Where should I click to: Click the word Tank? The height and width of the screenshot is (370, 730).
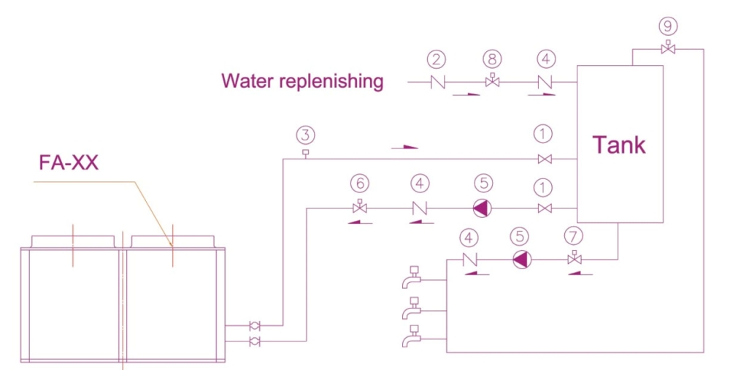pyautogui.click(x=618, y=145)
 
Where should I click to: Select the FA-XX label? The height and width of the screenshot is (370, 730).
pyautogui.click(x=69, y=162)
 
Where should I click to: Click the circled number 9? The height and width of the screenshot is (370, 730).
pyautogui.click(x=667, y=26)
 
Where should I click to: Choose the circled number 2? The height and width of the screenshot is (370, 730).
pyautogui.click(x=437, y=58)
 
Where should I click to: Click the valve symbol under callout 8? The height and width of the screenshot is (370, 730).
pyautogui.click(x=493, y=81)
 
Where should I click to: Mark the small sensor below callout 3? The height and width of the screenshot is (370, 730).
pyautogui.click(x=305, y=153)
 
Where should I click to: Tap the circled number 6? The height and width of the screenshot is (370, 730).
pyautogui.click(x=358, y=183)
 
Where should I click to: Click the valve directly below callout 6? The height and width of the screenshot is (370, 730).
pyautogui.click(x=358, y=208)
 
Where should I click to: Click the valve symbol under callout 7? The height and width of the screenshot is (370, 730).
pyautogui.click(x=575, y=258)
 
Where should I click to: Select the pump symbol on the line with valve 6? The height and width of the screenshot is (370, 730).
pyautogui.click(x=482, y=208)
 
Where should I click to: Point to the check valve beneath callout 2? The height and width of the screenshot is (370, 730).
pyautogui.click(x=437, y=82)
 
